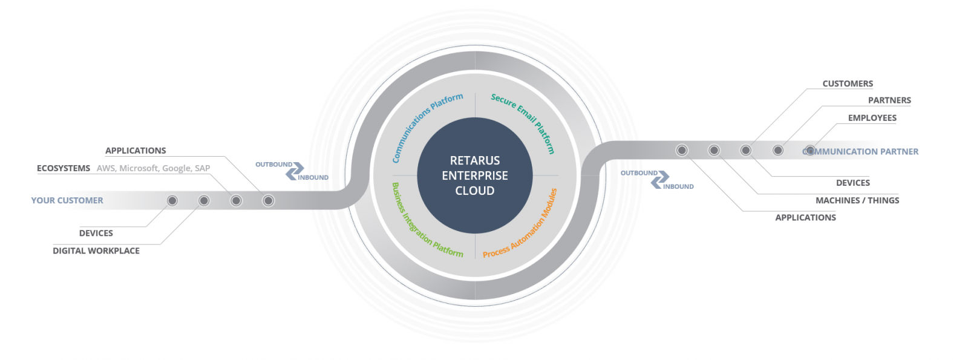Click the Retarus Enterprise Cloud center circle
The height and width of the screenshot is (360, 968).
pos(475,175)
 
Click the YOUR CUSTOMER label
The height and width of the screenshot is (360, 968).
pos(67,200)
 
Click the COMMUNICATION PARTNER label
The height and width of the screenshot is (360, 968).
pos(860,152)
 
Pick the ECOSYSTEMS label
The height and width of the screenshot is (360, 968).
pos(64,168)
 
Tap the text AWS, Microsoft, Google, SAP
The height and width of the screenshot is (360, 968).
pos(154,168)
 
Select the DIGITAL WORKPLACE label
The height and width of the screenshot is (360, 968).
pos(96,250)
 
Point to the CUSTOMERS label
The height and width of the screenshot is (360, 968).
pos(848,83)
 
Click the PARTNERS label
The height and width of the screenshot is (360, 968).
pos(889,100)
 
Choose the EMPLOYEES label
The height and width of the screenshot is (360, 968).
pos(872,117)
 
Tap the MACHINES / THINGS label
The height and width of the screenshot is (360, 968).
pos(857,200)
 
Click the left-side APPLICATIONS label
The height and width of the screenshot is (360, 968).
pos(136,151)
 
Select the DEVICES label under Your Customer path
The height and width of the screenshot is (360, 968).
pos(96,233)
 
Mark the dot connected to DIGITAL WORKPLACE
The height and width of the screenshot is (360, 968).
pos(204,200)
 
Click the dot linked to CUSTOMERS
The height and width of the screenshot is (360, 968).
pos(745,151)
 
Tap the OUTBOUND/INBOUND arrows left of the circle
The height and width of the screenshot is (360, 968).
pos(295,171)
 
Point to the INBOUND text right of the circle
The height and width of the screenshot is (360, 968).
pos(678,187)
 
